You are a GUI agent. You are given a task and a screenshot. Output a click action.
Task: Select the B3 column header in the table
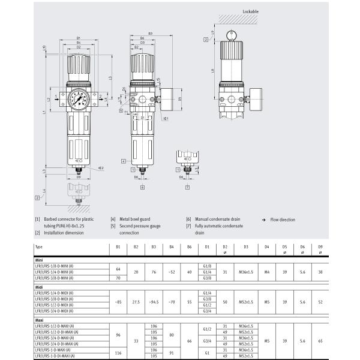coord(154,247)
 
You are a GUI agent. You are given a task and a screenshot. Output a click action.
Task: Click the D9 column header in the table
coord(320,247)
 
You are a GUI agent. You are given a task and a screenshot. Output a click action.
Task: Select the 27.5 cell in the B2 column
coord(136,302)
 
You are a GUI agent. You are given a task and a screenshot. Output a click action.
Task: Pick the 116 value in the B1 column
coord(118,353)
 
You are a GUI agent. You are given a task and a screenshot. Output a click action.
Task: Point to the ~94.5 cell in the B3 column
coord(154,302)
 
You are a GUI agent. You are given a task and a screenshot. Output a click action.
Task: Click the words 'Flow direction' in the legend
coord(283,220)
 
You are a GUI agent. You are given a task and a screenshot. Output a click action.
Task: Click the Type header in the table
coord(39,247)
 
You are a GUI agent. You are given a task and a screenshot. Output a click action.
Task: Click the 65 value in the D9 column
coord(320,340)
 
